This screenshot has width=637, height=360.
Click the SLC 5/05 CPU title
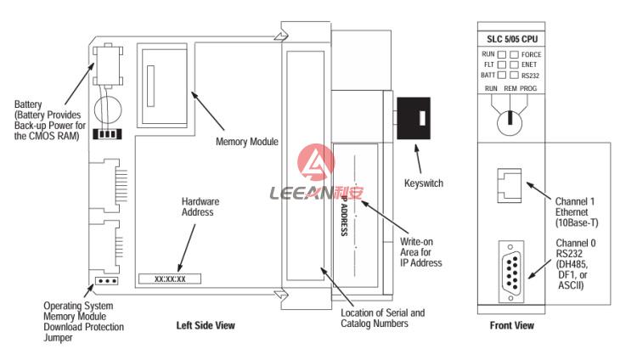click(512, 39)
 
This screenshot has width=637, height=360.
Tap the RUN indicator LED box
click(502, 54)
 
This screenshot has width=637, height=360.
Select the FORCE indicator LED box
click(515, 54)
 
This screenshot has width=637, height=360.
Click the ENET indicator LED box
click(515, 65)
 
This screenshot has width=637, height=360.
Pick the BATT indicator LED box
click(502, 76)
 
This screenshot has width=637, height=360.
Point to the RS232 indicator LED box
click(515, 76)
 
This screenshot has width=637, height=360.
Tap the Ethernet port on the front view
click(510, 186)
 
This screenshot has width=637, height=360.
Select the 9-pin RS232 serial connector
click(511, 272)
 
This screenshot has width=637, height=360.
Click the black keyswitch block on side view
click(414, 118)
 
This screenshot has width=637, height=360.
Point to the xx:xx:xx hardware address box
click(170, 278)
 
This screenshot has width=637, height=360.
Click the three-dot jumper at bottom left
click(107, 281)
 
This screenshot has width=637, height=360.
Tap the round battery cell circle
click(108, 110)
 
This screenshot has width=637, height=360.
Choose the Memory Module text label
click(247, 142)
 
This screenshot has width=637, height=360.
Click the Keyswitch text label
click(424, 183)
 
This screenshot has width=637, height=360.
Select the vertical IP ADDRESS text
click(344, 216)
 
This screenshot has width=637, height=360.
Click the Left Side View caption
click(206, 325)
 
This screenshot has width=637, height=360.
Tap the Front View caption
click(512, 325)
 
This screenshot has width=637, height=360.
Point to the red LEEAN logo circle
click(316, 163)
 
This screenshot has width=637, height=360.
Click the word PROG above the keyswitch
click(528, 88)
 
